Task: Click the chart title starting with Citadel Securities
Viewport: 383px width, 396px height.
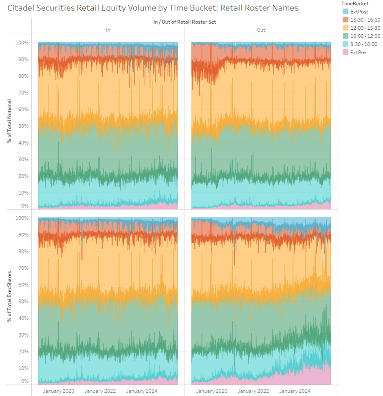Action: click(x=153, y=8)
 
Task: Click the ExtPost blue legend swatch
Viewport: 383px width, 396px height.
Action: click(x=346, y=12)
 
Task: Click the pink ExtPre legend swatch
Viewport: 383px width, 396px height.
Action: click(x=346, y=52)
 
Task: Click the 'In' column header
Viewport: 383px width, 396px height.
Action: click(x=108, y=30)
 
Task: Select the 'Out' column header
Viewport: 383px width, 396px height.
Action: click(x=261, y=30)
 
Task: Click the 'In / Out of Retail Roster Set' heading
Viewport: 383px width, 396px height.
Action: click(x=184, y=22)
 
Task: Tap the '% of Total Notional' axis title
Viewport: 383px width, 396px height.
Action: click(x=9, y=121)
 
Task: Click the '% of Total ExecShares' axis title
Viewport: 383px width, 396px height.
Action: click(x=9, y=297)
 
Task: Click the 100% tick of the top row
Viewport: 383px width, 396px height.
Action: click(x=22, y=42)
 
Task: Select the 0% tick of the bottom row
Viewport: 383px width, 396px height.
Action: click(x=24, y=381)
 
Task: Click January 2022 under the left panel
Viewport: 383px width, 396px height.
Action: click(x=100, y=391)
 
